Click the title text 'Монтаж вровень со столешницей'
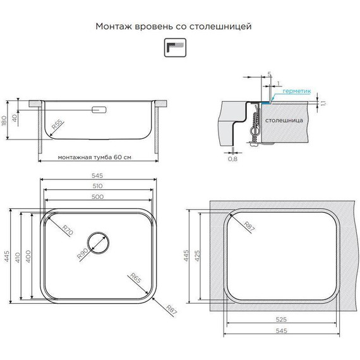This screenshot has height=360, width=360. click(x=174, y=27)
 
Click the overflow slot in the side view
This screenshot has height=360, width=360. click(x=99, y=111)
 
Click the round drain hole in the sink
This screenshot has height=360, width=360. click(x=99, y=243)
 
